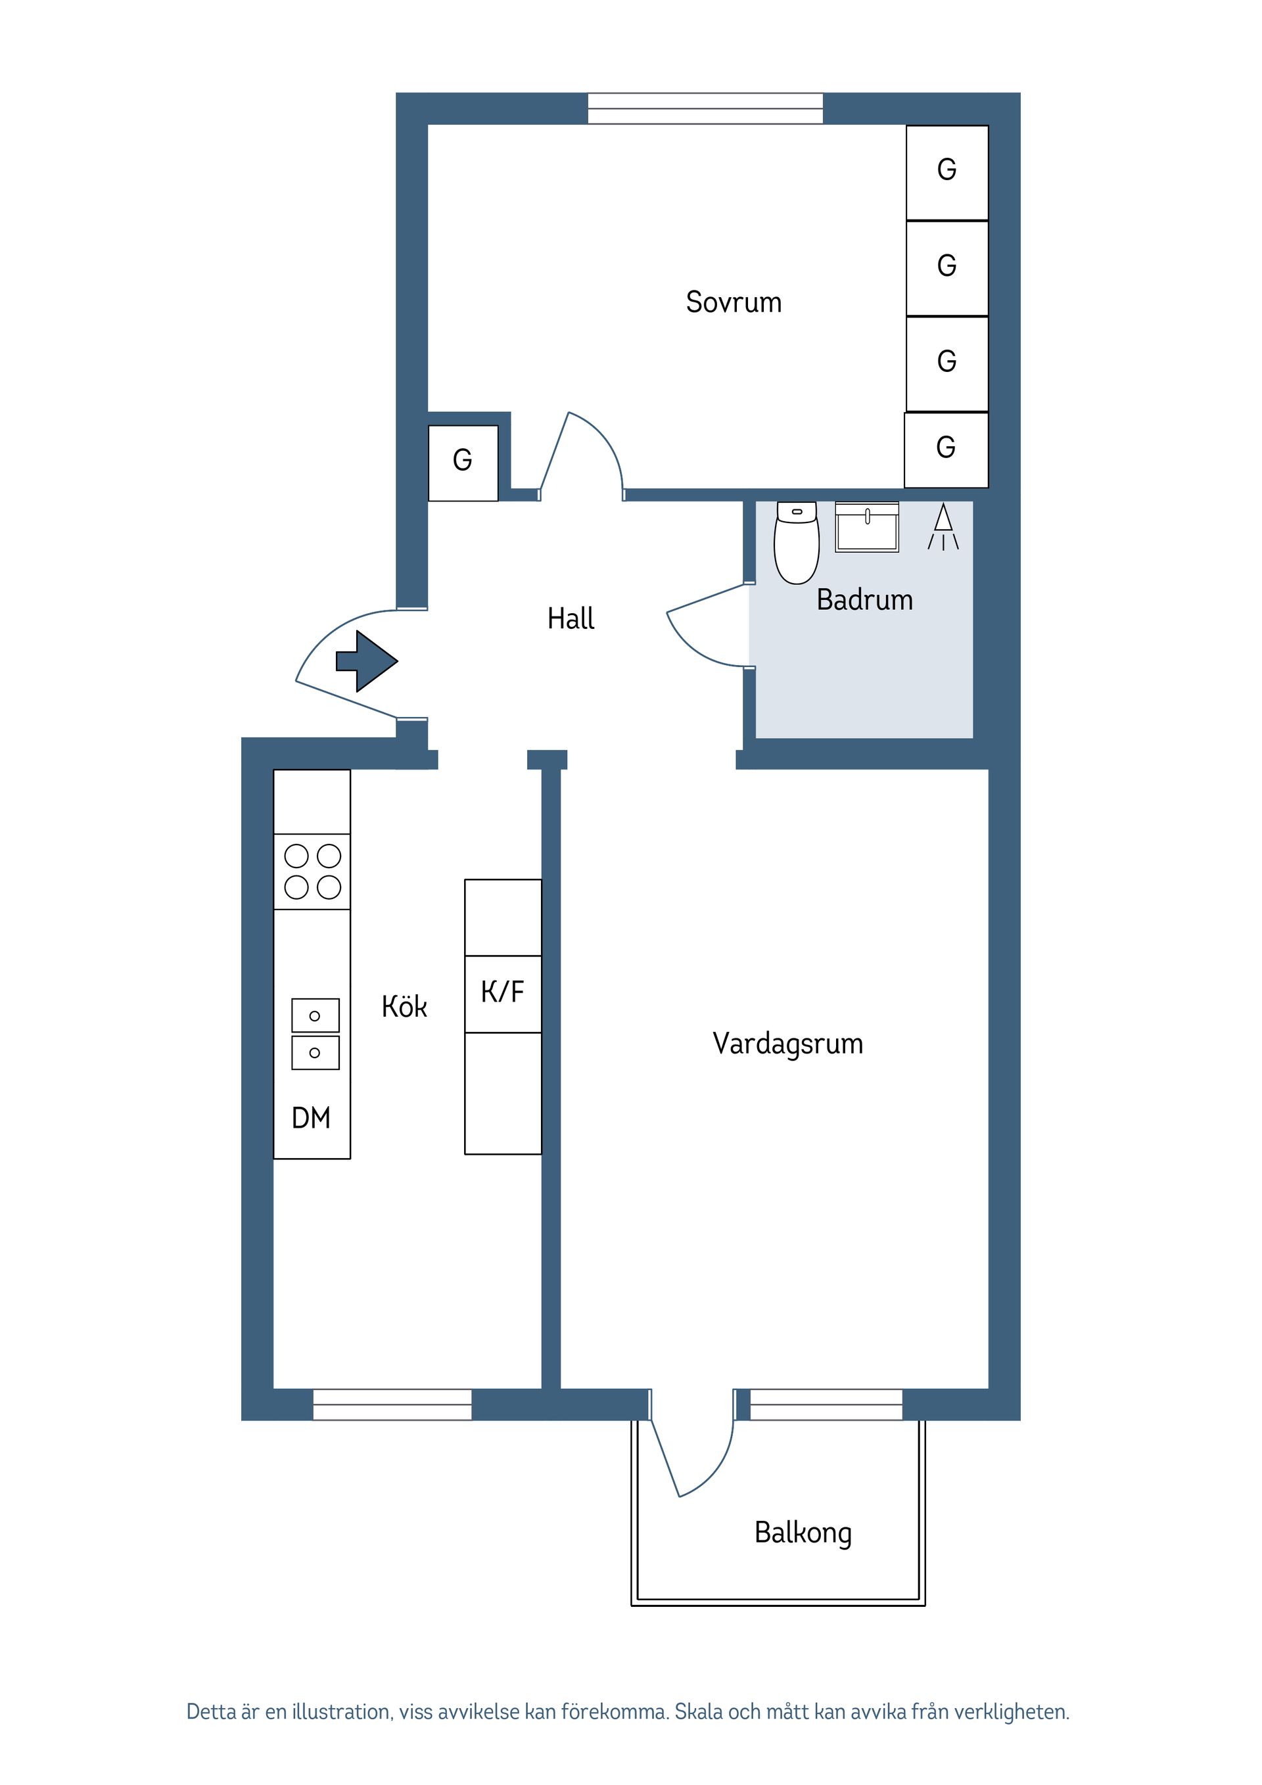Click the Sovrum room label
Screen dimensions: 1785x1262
pyautogui.click(x=734, y=302)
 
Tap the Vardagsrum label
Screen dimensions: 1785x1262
pyautogui.click(x=787, y=1043)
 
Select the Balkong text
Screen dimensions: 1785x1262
pyautogui.click(x=803, y=1533)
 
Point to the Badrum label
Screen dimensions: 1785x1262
pyautogui.click(x=864, y=599)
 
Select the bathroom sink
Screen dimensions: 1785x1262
pyautogui.click(x=866, y=527)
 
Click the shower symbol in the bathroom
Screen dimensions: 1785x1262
pyautogui.click(x=943, y=526)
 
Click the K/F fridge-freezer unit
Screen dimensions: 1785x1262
pyautogui.click(x=502, y=993)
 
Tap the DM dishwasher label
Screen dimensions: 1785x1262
pyautogui.click(x=311, y=1117)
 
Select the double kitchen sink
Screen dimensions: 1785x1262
pyautogui.click(x=315, y=1033)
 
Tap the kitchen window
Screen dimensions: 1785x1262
pyautogui.click(x=392, y=1404)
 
